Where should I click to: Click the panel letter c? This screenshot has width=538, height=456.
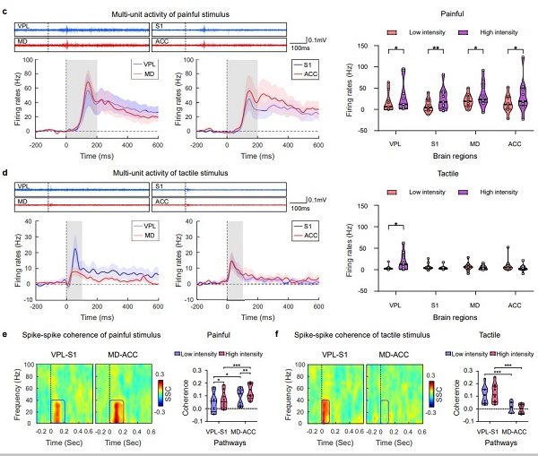[6, 8]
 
